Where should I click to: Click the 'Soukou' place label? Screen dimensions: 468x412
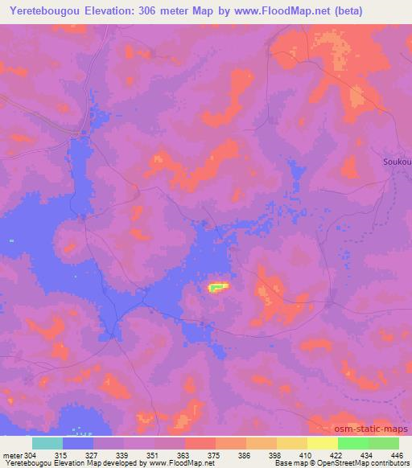397,162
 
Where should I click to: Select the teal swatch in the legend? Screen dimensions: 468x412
47,443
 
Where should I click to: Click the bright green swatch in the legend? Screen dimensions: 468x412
353,443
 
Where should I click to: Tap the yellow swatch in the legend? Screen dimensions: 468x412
323,443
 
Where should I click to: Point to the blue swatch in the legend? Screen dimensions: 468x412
78,443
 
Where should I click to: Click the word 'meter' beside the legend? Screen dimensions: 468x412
11,456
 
